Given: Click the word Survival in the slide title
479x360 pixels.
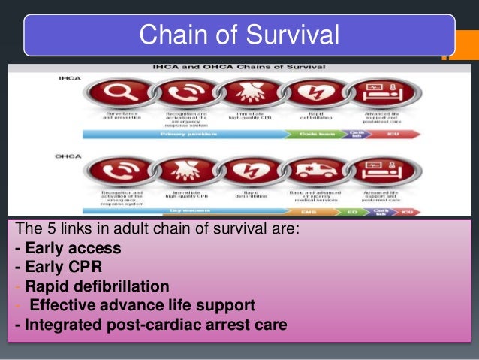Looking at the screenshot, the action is click(294, 34).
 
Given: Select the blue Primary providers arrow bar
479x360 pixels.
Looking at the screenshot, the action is click(195, 134).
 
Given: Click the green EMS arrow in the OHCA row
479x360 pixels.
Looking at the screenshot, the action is click(311, 212).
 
